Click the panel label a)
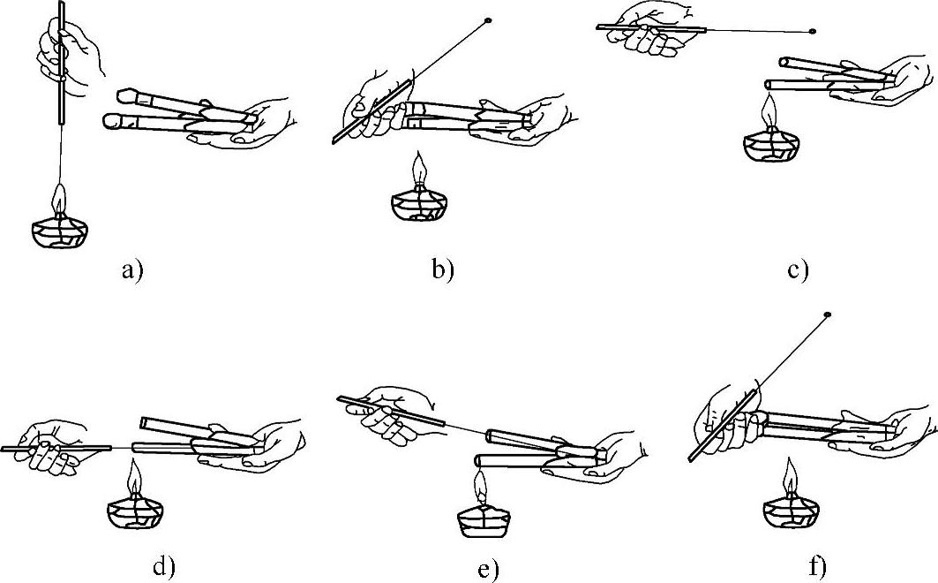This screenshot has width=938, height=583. coord(133,270)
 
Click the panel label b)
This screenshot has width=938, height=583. coord(443,270)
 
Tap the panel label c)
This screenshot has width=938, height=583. coord(798,270)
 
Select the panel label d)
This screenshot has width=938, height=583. coord(162,565)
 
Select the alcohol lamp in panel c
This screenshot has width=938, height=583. coord(770,140)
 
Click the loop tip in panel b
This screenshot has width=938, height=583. coord(487,21)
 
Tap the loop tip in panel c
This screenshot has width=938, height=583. coord(812,31)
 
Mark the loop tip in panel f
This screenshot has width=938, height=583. coord(829,314)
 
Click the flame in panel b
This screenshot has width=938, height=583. coord(419,169)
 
